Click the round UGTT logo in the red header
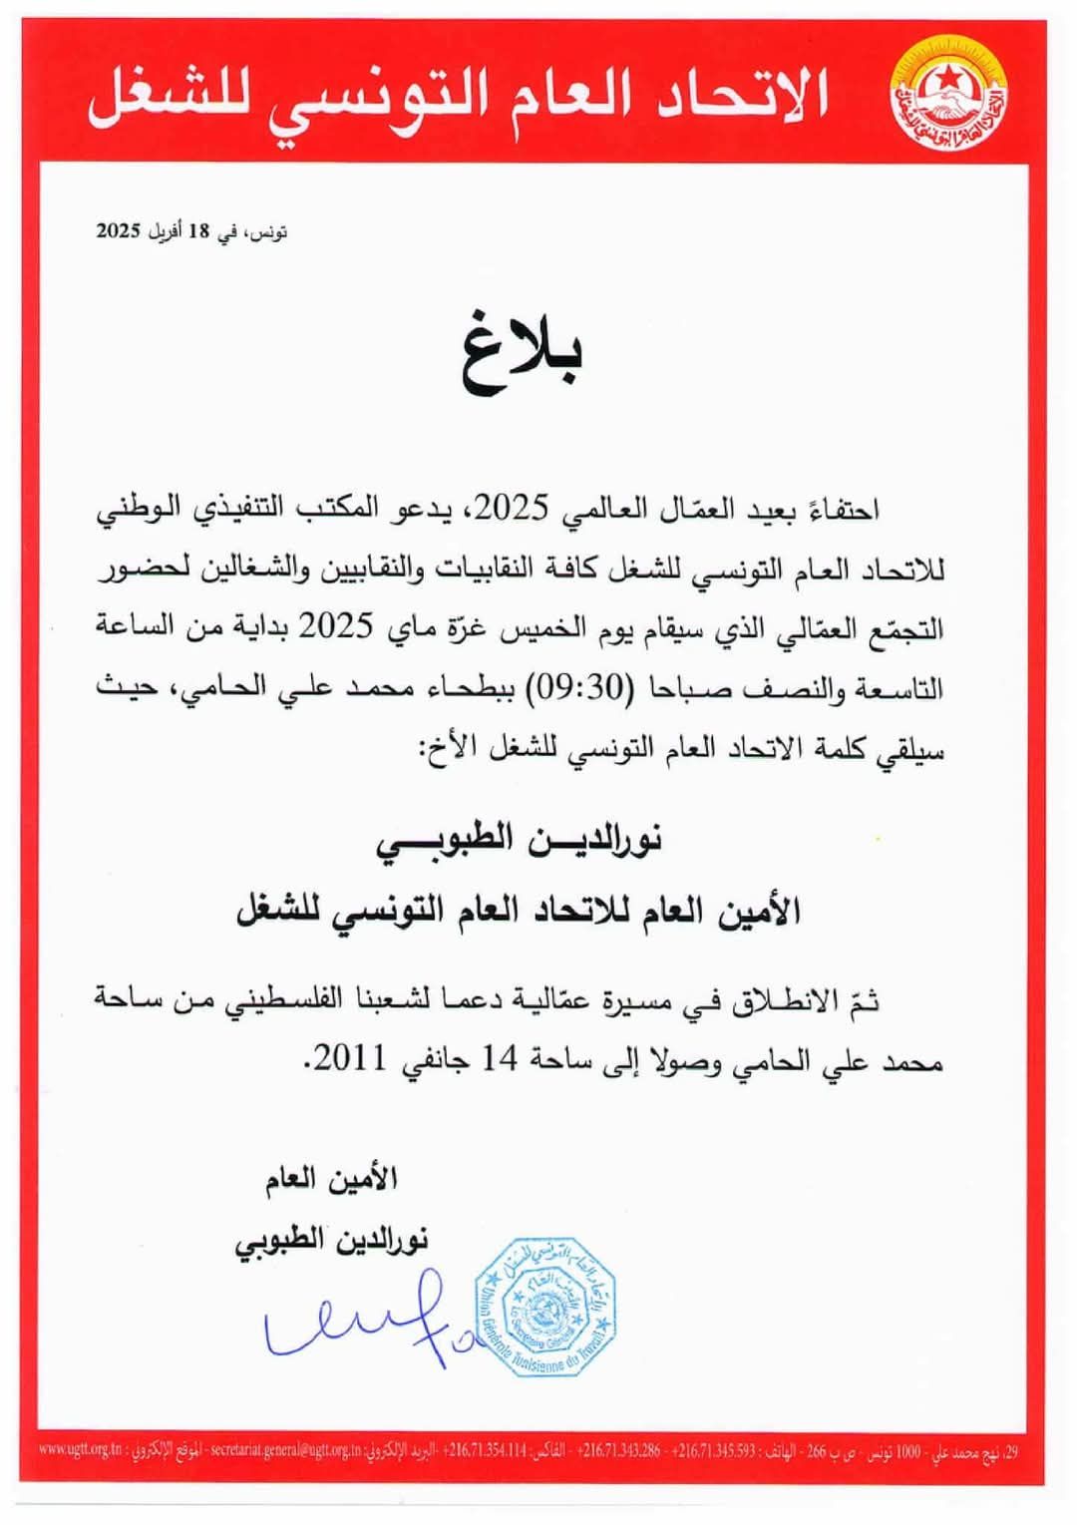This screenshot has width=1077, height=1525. [947, 96]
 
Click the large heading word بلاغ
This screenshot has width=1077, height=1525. [521, 354]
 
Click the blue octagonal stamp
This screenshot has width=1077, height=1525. [544, 1307]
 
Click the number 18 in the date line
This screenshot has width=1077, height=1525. [199, 231]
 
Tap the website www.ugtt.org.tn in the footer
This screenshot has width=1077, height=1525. [80, 1449]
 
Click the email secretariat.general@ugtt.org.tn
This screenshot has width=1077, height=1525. [285, 1449]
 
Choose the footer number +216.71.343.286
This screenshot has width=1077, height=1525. [617, 1449]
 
